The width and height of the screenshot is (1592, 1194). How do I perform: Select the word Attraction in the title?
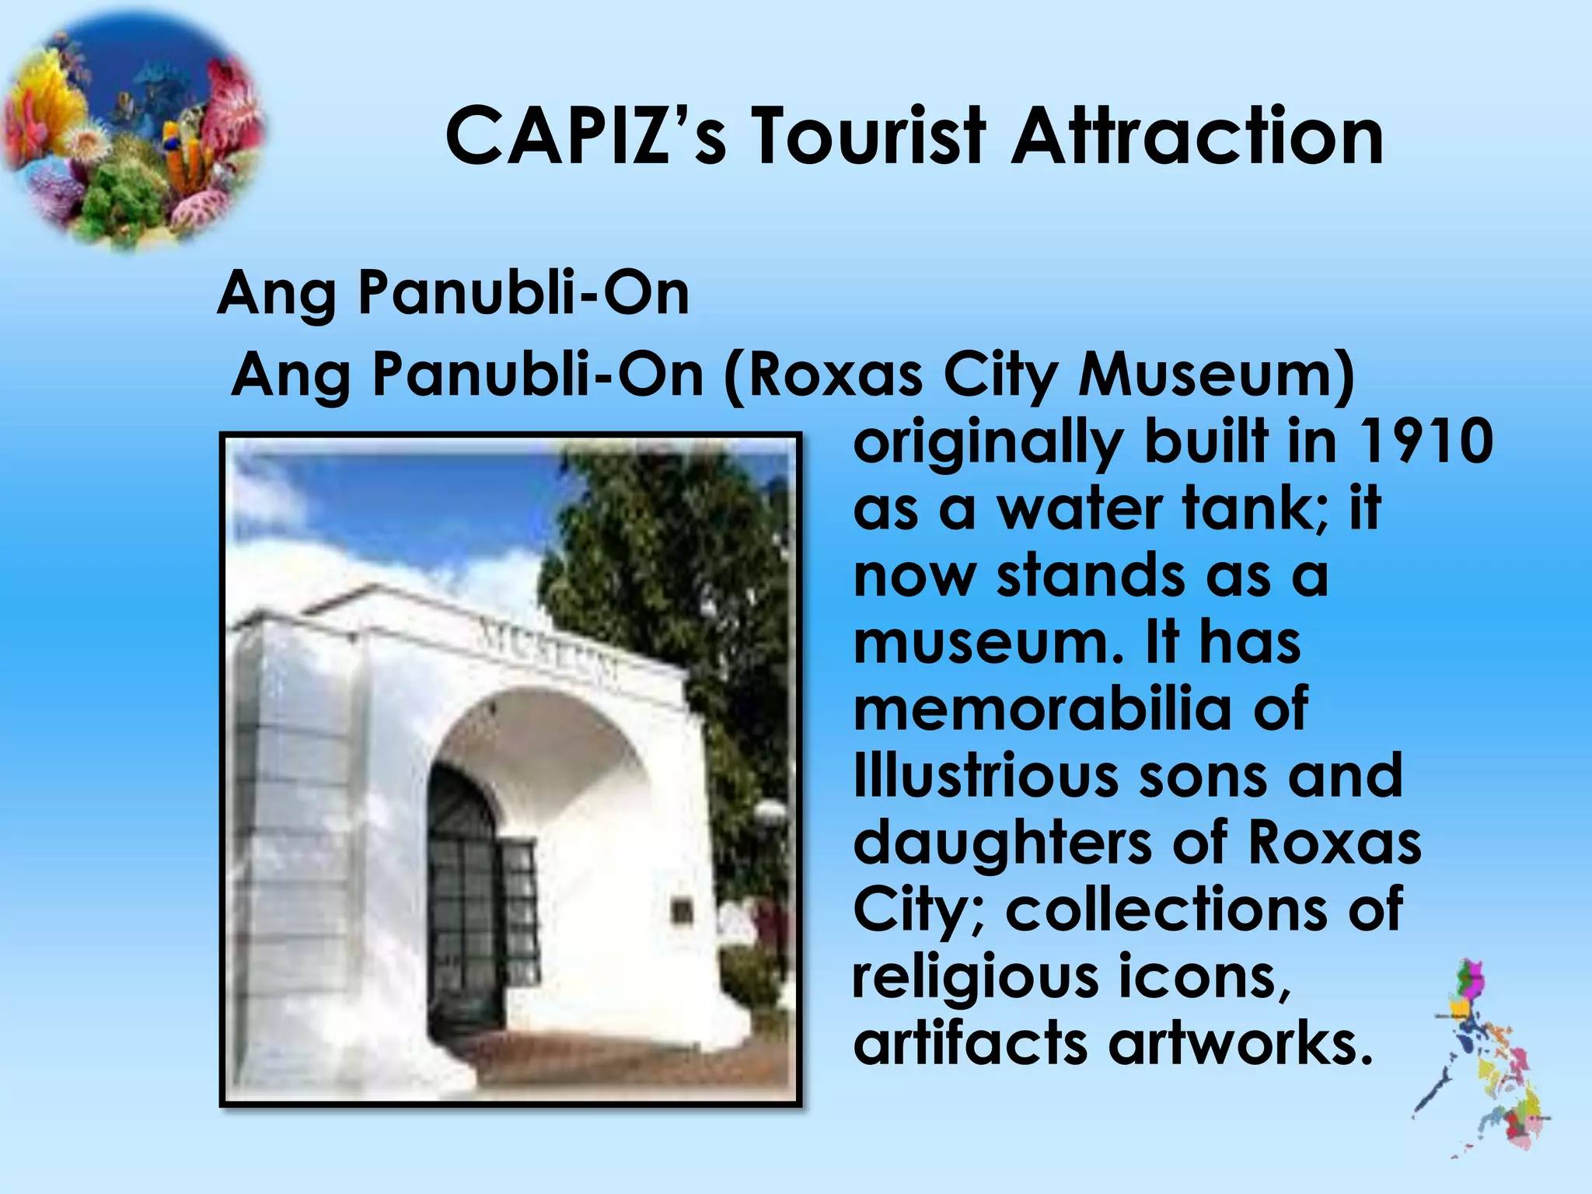(1197, 137)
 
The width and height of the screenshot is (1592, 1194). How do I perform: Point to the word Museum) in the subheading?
(1216, 376)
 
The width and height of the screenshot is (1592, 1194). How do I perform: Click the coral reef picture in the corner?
(132, 132)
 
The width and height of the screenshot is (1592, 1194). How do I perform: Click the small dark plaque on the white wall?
(682, 910)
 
